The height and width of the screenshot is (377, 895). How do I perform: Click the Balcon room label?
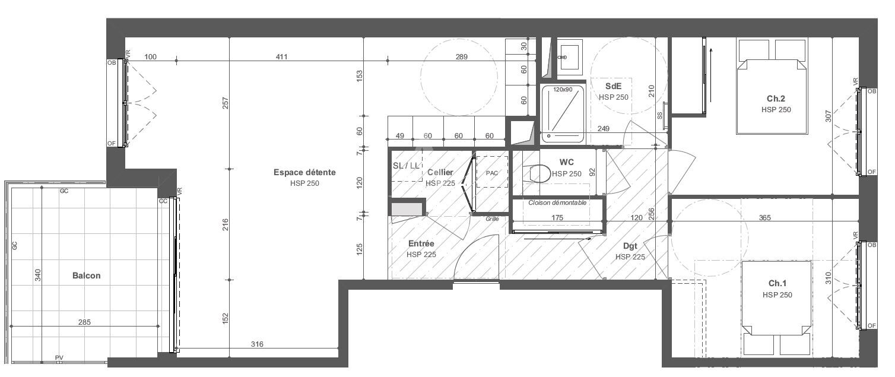[86, 275]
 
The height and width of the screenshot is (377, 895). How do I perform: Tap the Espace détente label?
[304, 172]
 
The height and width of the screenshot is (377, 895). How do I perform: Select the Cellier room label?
[440, 172]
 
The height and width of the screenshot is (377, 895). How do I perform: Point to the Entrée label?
[421, 243]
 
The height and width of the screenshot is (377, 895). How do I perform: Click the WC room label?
[567, 162]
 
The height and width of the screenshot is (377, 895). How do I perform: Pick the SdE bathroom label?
[613, 86]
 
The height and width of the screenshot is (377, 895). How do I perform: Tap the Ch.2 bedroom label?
[776, 99]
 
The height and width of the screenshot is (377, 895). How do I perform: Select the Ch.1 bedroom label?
[777, 283]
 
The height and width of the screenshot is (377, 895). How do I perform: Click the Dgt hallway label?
[630, 246]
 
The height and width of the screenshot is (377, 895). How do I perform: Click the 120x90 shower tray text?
[563, 90]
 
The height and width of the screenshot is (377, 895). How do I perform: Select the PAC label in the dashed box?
[492, 173]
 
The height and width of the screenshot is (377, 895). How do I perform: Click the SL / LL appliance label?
[406, 166]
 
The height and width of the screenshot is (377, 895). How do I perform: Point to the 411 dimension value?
[281, 57]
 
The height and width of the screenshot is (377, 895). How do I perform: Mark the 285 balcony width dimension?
[84, 322]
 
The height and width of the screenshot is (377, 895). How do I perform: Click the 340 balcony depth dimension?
[37, 275]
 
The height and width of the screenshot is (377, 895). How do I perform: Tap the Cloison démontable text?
[557, 202]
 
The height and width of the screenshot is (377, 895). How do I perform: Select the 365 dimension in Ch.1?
[765, 217]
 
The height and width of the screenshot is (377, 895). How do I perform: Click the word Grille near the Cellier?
[492, 219]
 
